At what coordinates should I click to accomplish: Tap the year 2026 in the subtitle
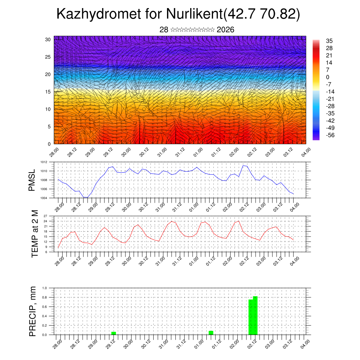(225, 30)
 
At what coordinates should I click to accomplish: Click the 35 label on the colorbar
(329, 41)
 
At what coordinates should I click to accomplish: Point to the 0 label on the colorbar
(328, 77)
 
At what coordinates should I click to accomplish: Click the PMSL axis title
(32, 180)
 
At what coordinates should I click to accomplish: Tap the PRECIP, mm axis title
(33, 311)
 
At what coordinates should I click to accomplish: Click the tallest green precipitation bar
(255, 316)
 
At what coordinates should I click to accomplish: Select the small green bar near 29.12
(114, 333)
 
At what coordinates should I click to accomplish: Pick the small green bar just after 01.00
(211, 333)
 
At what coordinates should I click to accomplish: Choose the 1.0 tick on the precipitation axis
(45, 288)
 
